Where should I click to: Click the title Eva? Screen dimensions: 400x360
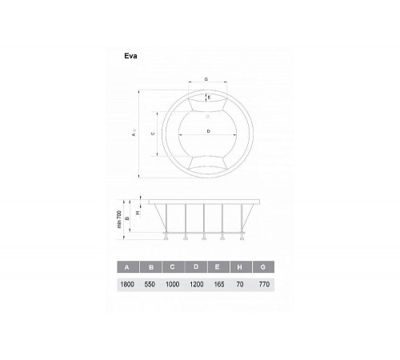tap(130, 56)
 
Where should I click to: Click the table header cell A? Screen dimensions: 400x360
tap(128, 267)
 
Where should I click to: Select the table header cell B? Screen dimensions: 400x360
tap(151, 267)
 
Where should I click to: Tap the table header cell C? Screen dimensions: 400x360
tap(173, 267)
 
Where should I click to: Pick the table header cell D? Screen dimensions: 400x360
tap(196, 267)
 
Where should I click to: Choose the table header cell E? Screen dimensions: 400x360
tap(218, 267)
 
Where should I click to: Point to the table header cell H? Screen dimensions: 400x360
tap(241, 267)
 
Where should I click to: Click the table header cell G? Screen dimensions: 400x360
tap(263, 267)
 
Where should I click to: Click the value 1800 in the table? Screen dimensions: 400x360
tap(127, 285)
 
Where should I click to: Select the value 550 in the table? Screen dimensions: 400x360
tap(150, 285)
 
